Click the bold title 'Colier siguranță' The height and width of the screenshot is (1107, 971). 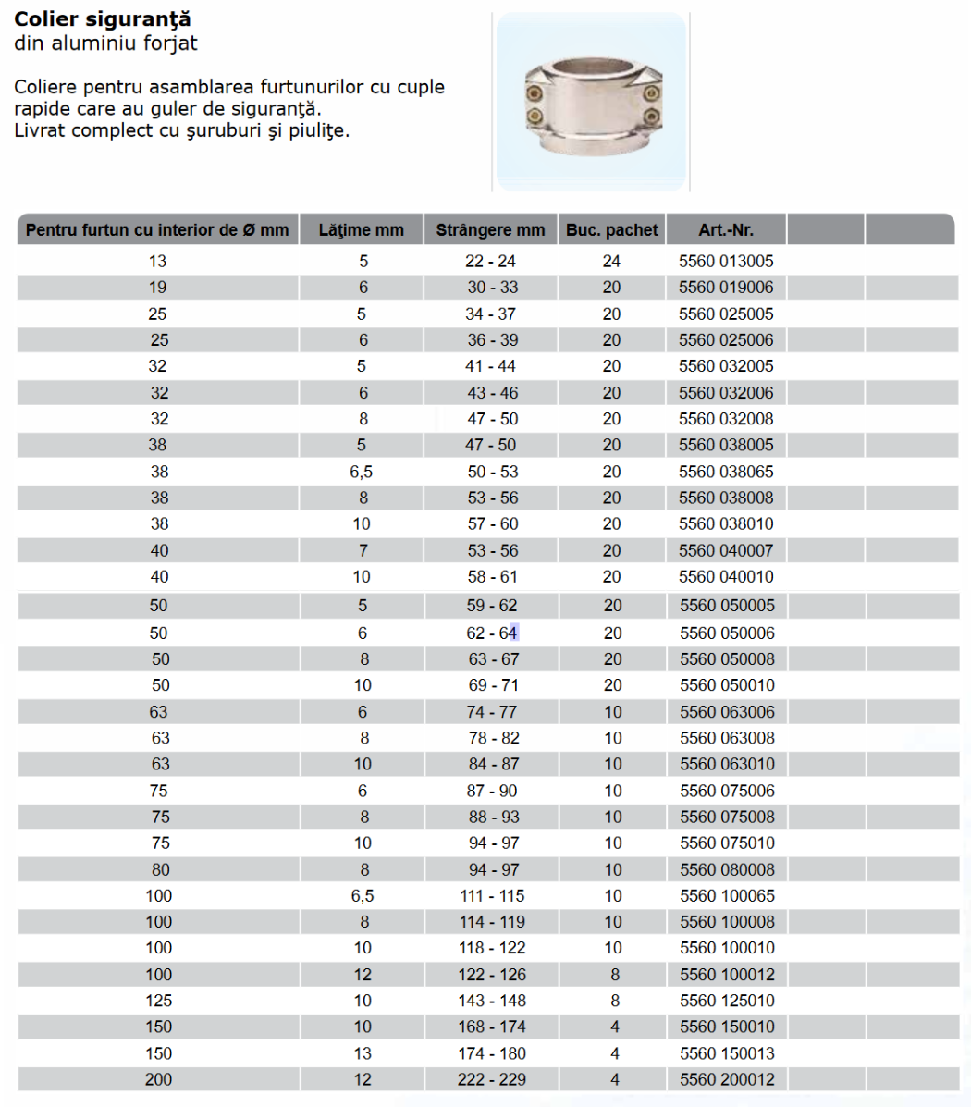click(x=103, y=19)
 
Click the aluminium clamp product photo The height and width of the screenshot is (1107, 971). click(x=592, y=102)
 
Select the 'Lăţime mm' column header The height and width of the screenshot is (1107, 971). click(x=361, y=230)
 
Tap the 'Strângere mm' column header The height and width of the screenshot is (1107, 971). click(x=490, y=230)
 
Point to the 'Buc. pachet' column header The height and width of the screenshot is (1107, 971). click(x=611, y=230)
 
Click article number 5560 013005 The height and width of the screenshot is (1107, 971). click(x=726, y=262)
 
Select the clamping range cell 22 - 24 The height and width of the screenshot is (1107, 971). click(x=490, y=262)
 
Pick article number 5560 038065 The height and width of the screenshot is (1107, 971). click(x=726, y=472)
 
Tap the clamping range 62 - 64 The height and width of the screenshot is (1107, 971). click(x=491, y=633)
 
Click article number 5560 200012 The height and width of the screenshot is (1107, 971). click(x=727, y=1079)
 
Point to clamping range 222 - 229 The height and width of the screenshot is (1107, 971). click(x=491, y=1079)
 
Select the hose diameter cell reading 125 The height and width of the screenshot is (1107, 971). click(x=158, y=1001)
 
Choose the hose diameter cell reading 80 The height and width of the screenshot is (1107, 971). click(x=160, y=870)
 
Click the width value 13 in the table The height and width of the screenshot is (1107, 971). click(x=362, y=1053)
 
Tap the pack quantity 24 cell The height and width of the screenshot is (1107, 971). click(x=611, y=262)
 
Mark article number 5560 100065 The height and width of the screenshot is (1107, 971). click(x=727, y=896)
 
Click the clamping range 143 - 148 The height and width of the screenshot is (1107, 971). click(x=491, y=1001)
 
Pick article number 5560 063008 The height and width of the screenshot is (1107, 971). click(x=727, y=738)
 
